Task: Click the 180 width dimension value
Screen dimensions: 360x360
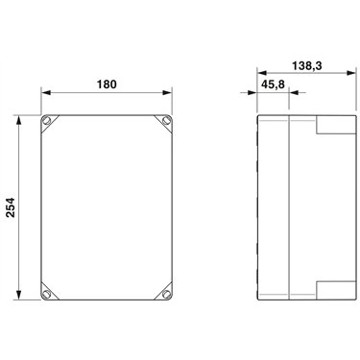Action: click(107, 84)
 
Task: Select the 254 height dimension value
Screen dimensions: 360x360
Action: click(11, 207)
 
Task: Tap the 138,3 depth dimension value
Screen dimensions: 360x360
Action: click(306, 66)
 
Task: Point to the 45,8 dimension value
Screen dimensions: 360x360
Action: click(273, 84)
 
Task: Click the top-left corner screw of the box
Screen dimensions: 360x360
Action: click(47, 121)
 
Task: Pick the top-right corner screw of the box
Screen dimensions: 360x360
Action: click(166, 121)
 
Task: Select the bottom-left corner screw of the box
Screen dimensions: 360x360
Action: click(47, 294)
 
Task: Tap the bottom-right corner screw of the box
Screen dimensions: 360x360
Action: click(166, 294)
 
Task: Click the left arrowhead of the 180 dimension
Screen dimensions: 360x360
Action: click(46, 93)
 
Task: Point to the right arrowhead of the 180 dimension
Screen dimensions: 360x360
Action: click(167, 93)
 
